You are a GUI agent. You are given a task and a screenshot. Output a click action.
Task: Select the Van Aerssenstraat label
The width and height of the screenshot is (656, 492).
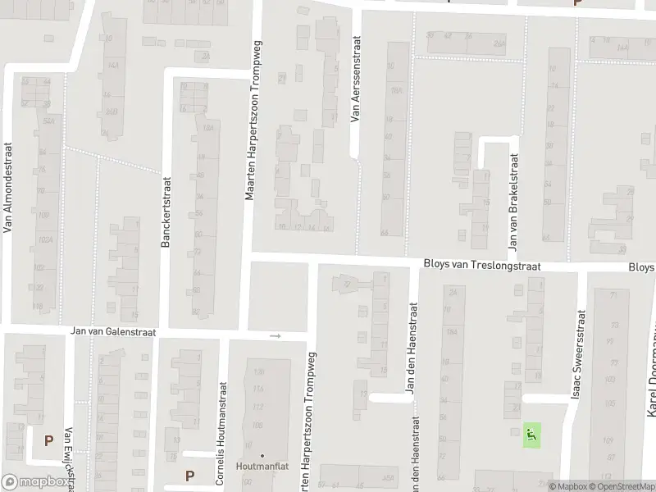click(355, 79)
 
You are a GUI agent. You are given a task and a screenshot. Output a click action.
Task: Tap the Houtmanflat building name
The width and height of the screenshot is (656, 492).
click(261, 467)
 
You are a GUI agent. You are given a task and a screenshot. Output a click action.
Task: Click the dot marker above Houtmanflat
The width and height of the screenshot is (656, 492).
click(262, 455)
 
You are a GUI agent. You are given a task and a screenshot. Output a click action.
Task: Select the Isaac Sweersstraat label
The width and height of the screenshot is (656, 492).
click(580, 353)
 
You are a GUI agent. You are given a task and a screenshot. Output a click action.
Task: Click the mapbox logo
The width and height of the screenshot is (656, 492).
click(35, 483)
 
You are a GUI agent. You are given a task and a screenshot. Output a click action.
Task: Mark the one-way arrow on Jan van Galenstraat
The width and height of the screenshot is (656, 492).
click(276, 335)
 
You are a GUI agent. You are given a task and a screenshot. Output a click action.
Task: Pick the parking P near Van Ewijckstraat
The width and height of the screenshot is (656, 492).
click(48, 440)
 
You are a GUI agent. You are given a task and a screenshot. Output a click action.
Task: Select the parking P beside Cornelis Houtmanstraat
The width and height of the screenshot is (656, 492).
click(190, 475)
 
